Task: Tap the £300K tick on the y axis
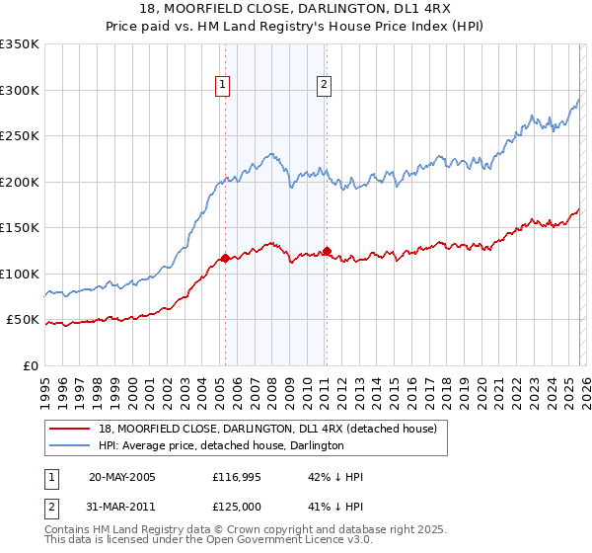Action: [20, 90]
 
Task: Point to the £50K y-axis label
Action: [23, 320]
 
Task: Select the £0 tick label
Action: [30, 366]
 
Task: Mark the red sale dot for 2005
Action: [225, 259]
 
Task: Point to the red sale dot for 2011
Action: [327, 251]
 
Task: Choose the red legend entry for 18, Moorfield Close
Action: [273, 429]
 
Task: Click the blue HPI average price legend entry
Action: [221, 446]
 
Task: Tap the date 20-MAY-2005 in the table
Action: [121, 477]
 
